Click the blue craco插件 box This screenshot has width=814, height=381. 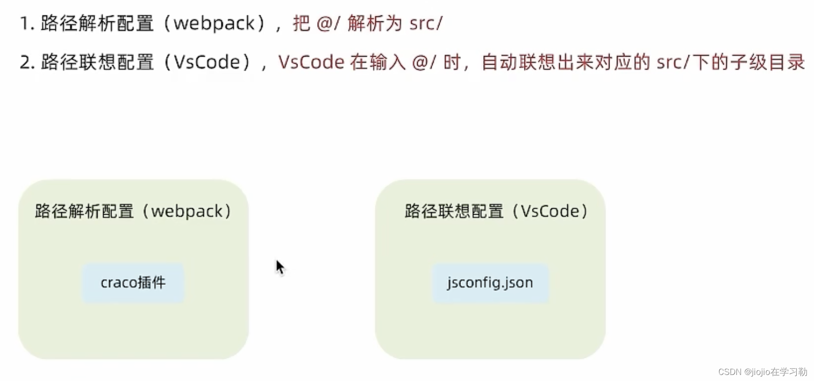(133, 283)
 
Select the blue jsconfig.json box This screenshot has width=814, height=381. (490, 283)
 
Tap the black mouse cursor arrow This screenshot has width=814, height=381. (280, 268)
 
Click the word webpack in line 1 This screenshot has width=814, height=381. (214, 23)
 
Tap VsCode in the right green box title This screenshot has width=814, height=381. (550, 212)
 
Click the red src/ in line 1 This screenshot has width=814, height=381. (426, 23)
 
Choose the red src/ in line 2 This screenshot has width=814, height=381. (673, 62)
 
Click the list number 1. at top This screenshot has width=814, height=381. (27, 23)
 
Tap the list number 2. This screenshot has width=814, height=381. (27, 62)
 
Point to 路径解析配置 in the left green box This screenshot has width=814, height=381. (84, 212)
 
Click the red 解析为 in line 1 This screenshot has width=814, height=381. (374, 23)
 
